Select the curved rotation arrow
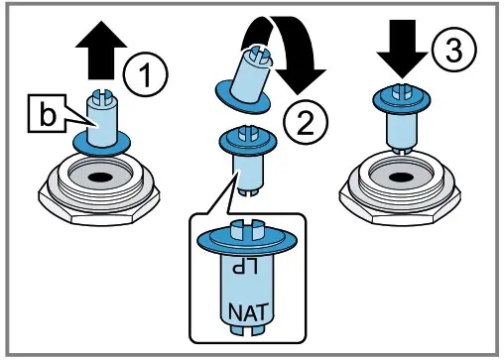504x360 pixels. pyautogui.click(x=287, y=55)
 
